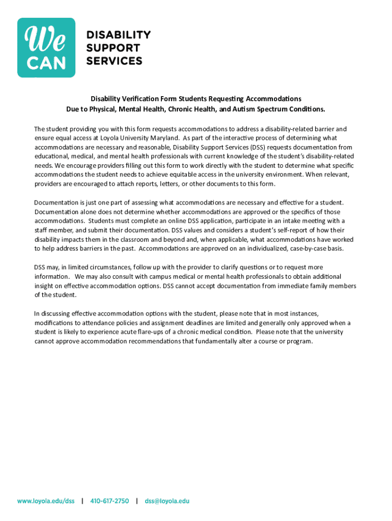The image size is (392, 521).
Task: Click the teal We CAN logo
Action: click(46, 48)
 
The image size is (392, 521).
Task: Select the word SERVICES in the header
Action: click(114, 61)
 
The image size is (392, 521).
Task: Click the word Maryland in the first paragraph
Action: click(162, 138)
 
